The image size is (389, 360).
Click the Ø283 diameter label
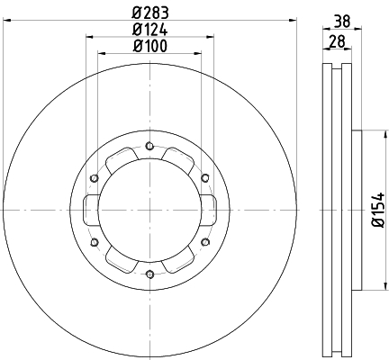150,13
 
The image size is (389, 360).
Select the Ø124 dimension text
149,30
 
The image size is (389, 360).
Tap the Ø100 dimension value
149,46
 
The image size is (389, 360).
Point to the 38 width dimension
342,22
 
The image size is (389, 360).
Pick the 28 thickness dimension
337,41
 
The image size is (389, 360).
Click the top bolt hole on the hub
149,146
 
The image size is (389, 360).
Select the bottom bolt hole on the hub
149,274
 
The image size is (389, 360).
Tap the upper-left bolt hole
95,178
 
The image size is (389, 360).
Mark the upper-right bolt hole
205,178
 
